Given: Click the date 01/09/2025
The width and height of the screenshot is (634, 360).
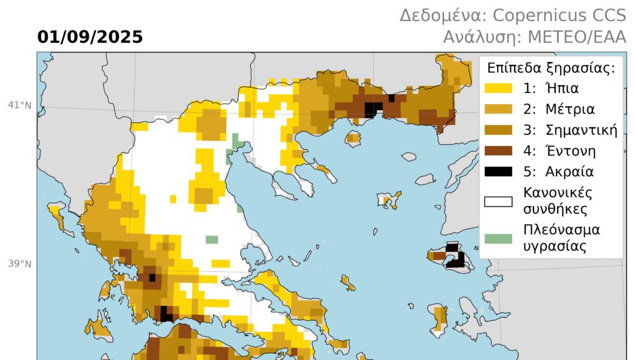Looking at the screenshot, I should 90,37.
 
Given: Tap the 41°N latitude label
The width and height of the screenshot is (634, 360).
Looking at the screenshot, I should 19,105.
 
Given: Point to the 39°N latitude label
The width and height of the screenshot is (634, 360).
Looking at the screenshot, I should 19,264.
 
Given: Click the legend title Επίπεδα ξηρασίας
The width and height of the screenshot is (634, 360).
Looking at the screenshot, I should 551,68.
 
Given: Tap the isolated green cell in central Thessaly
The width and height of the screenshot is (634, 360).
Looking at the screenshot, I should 212,240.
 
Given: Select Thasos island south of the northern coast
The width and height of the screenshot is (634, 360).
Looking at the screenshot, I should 353,138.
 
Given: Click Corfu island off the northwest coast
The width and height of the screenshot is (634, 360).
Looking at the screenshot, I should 56,216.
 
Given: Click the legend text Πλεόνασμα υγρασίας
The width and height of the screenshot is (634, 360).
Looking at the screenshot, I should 561,238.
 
